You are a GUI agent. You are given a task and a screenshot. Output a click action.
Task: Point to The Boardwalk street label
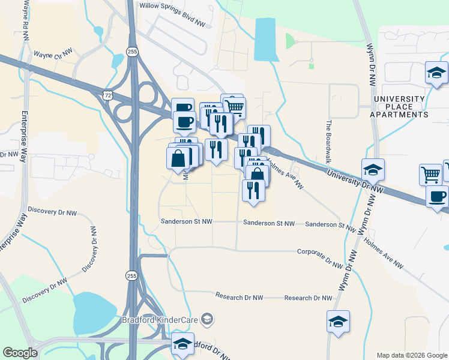[x=328, y=142]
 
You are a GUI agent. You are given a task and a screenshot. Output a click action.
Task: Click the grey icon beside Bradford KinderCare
[x=207, y=318]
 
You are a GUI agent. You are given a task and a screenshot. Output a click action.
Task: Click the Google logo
[x=20, y=353]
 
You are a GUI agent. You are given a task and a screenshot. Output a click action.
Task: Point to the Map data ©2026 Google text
[x=411, y=355]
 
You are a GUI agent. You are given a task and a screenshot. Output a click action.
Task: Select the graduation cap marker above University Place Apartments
[x=436, y=74]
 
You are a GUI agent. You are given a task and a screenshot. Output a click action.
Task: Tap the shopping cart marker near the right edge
[x=430, y=175]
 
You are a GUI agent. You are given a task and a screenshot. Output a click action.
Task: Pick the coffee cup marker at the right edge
[x=438, y=196]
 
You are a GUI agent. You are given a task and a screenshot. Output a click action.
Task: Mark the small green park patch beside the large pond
[x=291, y=41]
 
